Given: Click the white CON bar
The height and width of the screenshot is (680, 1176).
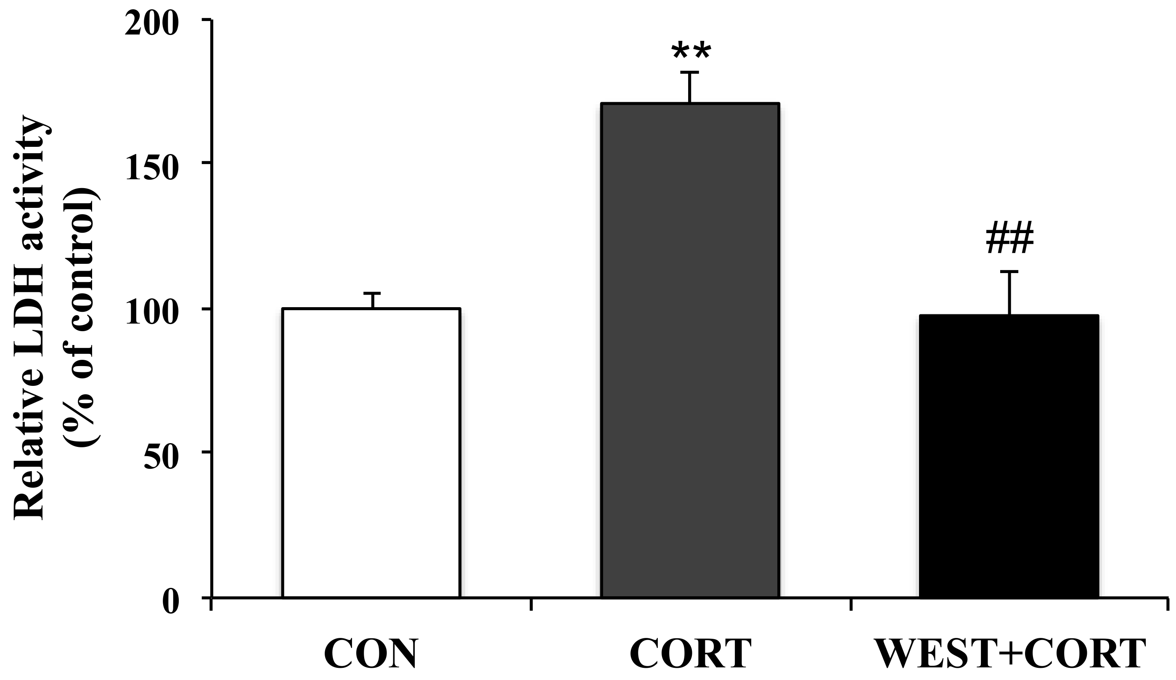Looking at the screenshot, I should tap(371, 453).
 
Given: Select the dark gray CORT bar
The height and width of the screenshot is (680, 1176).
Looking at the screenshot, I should tap(690, 350).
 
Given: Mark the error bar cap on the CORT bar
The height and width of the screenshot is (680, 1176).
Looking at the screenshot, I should tap(689, 73).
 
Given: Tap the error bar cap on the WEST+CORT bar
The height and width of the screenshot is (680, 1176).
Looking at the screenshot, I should tap(1009, 271).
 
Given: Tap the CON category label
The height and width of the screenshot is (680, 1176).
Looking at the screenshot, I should tap(371, 654).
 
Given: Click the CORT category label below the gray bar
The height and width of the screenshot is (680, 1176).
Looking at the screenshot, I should tap(691, 654).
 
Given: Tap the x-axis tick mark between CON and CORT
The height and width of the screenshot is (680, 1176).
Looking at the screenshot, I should tap(532, 605).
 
